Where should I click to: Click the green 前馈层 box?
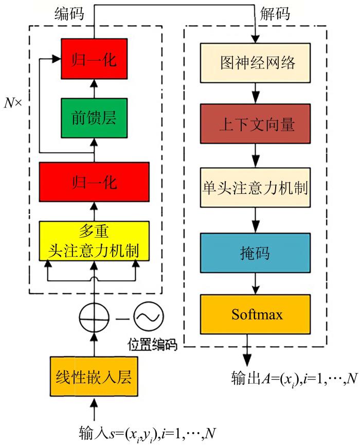coord(94,118)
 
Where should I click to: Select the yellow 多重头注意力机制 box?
coord(94,241)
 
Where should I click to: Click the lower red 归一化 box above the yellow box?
coord(94,181)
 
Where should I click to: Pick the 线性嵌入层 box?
coord(94,378)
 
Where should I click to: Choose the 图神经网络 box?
coord(256,63)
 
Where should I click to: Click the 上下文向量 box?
coord(256,124)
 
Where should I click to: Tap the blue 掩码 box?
coord(256,253)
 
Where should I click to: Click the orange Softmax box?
coord(256,313)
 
